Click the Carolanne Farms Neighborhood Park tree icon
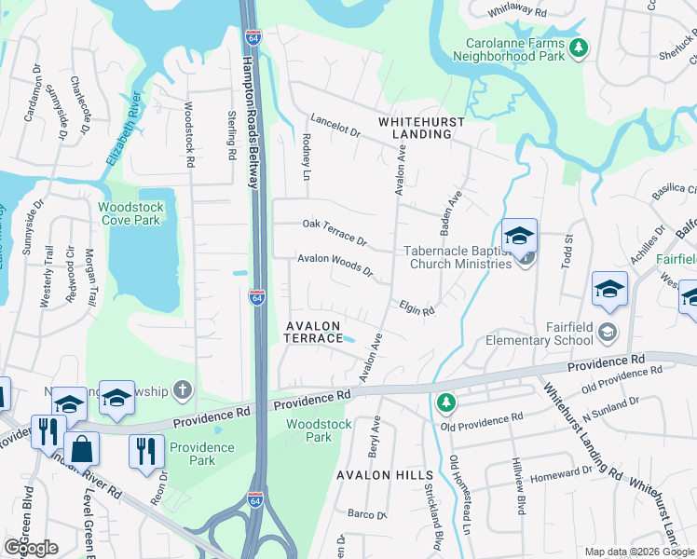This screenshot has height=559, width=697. [579, 46]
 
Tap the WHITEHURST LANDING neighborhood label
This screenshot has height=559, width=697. [415, 128]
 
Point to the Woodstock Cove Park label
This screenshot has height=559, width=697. [131, 213]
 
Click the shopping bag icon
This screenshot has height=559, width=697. [82, 448]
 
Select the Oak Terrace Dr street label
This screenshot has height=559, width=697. [335, 228]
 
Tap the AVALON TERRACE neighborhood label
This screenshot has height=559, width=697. [314, 332]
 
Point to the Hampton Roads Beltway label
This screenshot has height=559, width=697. [250, 121]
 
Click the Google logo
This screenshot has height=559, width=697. [31, 548]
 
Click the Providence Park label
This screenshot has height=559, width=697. [202, 454]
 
